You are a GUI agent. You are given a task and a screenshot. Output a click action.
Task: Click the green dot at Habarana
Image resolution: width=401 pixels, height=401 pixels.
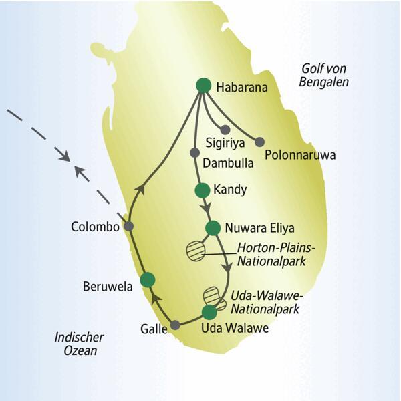click(204, 86)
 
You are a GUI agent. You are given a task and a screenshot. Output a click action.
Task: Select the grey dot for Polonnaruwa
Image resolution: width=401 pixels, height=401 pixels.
click(260, 142)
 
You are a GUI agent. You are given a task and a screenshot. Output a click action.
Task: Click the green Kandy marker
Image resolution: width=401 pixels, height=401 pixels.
click(202, 190)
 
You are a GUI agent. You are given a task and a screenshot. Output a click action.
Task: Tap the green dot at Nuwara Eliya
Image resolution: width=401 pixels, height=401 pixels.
click(213, 228)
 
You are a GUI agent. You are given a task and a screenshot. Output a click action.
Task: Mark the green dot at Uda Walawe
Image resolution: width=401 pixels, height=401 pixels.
click(209, 311)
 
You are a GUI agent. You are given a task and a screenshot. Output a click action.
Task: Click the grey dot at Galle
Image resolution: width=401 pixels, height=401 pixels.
click(176, 325)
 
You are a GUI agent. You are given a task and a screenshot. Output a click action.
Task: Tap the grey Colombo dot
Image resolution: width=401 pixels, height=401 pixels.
click(129, 227)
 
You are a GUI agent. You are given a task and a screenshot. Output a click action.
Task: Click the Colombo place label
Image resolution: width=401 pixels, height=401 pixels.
click(95, 227)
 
